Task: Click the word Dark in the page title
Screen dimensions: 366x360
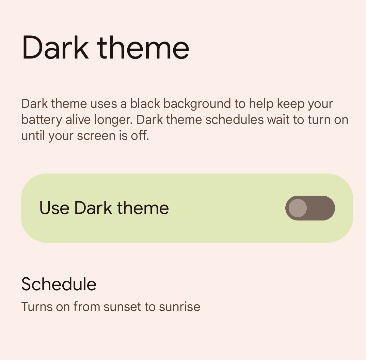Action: [x=55, y=47]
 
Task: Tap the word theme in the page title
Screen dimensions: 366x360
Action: [x=143, y=47]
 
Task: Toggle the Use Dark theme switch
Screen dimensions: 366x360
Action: [x=310, y=208]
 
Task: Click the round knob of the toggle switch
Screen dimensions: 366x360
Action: [x=298, y=208]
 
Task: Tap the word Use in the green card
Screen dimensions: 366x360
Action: [x=54, y=208]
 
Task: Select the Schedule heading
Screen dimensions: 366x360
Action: [x=59, y=284]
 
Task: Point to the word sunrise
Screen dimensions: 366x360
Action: [x=179, y=307]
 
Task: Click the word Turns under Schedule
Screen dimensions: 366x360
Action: [x=37, y=307]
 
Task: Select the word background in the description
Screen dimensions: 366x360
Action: [x=197, y=104]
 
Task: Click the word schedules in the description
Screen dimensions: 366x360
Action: [x=234, y=120]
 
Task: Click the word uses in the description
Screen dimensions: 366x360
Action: [x=104, y=104]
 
